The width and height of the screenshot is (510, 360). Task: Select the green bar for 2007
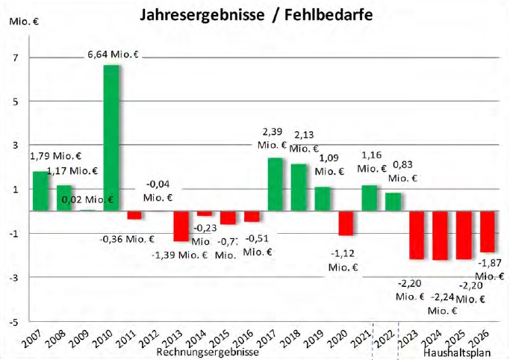[x=40, y=191]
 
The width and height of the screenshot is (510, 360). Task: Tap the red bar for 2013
[x=181, y=226]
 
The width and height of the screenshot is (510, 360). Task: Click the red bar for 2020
[x=346, y=223]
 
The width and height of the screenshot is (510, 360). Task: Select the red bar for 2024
[x=440, y=235]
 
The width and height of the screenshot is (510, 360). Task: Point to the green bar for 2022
[x=393, y=202]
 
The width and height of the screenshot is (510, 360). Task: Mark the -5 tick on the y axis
[x=13, y=323]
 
